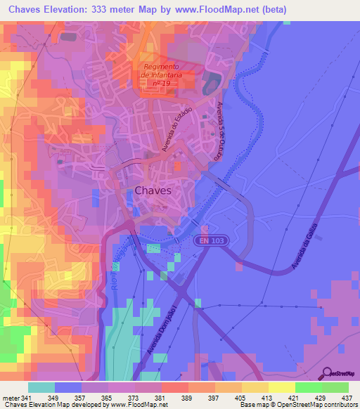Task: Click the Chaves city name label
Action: [x=153, y=190]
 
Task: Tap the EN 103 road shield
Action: [x=211, y=241]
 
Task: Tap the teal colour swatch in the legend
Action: [x=41, y=387]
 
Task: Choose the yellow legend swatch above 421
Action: [x=281, y=387]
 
